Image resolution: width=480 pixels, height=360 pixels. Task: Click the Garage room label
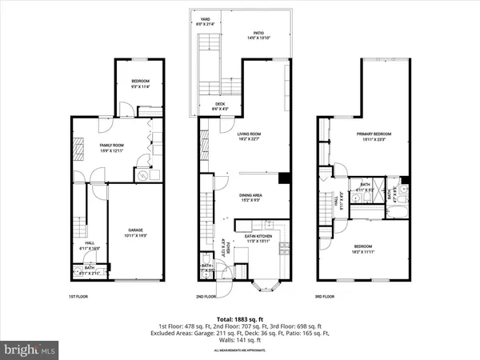click(136, 234)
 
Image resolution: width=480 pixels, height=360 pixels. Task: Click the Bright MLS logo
click(30, 350)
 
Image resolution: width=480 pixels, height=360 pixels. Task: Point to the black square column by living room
click(284, 178)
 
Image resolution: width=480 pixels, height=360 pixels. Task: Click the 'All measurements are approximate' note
click(240, 350)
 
